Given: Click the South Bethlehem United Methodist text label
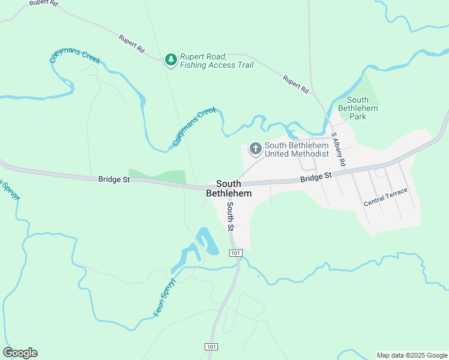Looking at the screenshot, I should (297, 149).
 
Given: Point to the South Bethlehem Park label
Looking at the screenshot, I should (358, 108).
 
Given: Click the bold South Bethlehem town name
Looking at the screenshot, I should (229, 188).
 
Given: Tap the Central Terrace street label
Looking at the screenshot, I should (385, 197).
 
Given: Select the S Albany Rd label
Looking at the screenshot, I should (339, 151).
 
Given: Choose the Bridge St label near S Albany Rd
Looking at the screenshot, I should (316, 177).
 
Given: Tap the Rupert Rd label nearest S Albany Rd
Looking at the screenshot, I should (297, 84).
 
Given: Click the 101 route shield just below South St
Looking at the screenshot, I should (235, 254).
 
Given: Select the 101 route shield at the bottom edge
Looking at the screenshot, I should (211, 347).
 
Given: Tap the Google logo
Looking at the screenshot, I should (20, 353).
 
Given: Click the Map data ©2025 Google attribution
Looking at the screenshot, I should (411, 355).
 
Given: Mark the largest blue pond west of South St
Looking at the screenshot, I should (208, 240).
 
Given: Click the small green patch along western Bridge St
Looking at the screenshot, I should (158, 176).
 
